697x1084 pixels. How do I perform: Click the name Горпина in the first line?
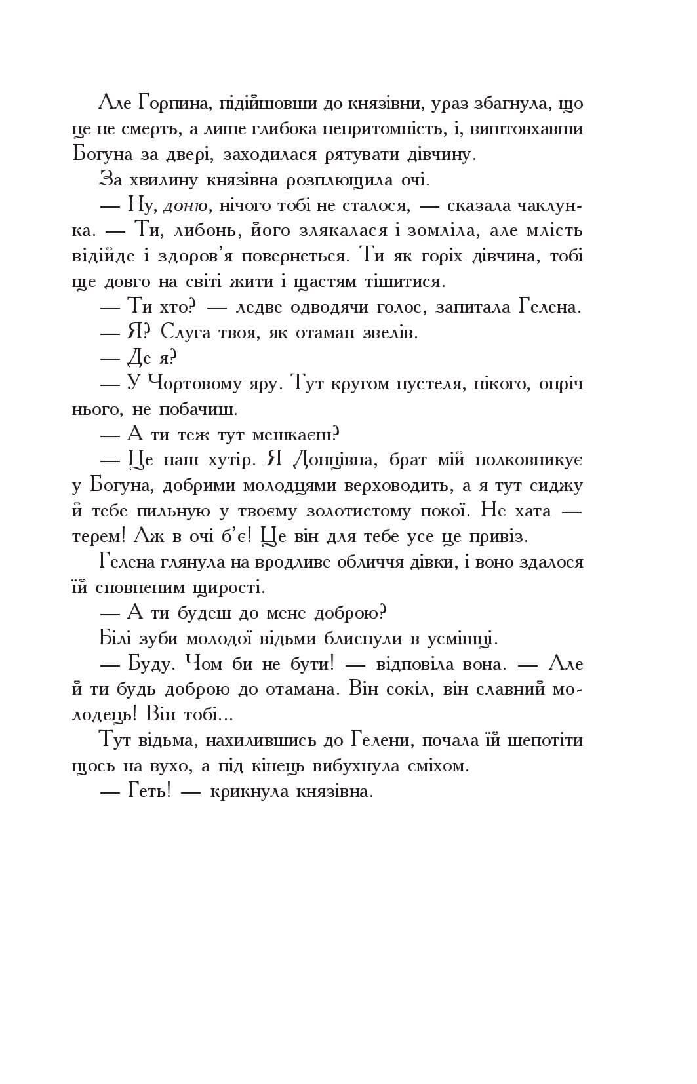[176, 103]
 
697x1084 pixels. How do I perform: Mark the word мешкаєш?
[292, 435]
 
